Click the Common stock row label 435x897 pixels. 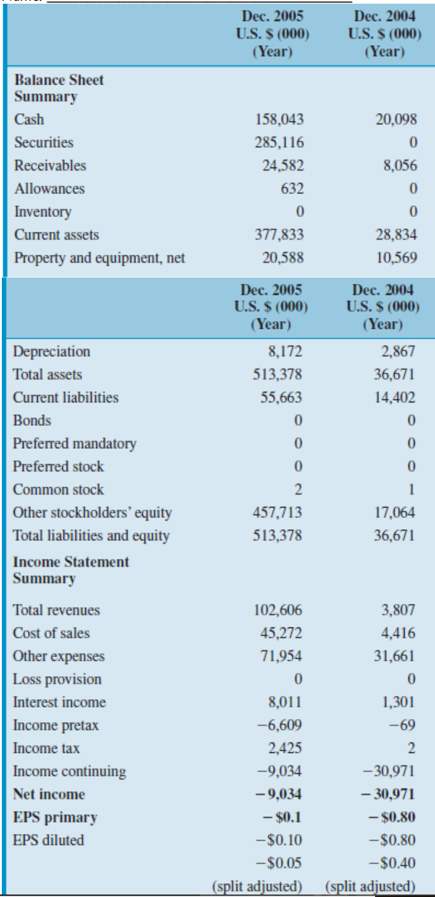58,490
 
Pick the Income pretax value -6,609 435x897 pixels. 284,725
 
